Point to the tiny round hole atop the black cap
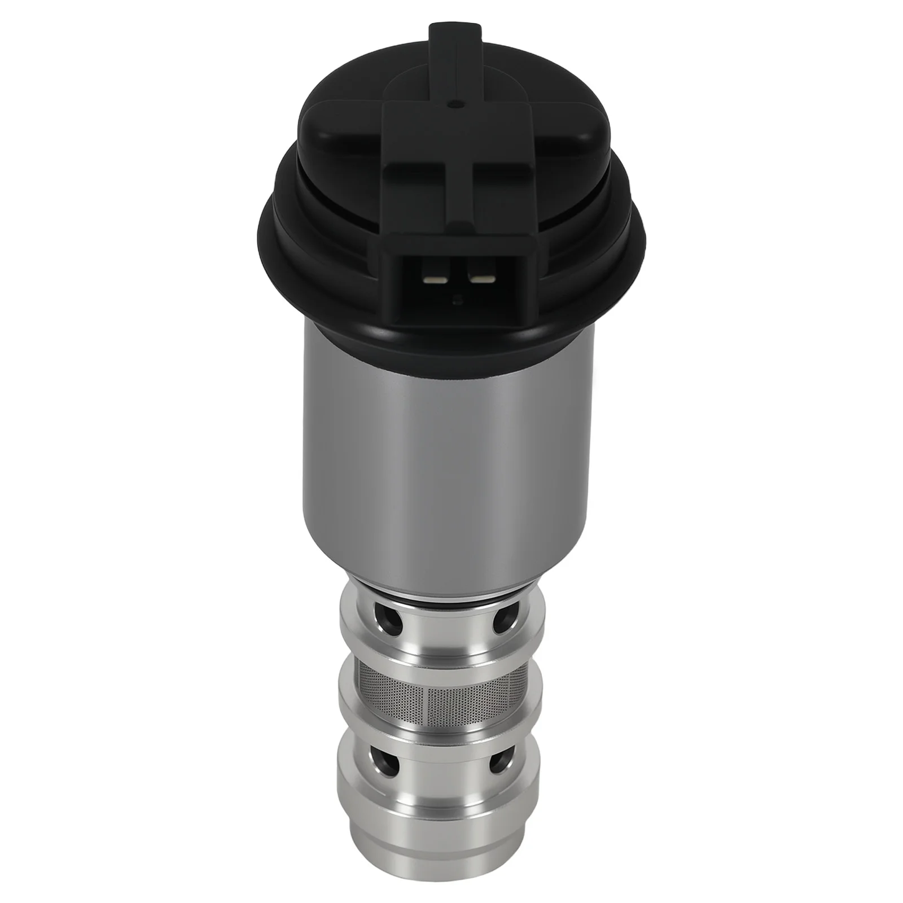(x=454, y=104)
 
